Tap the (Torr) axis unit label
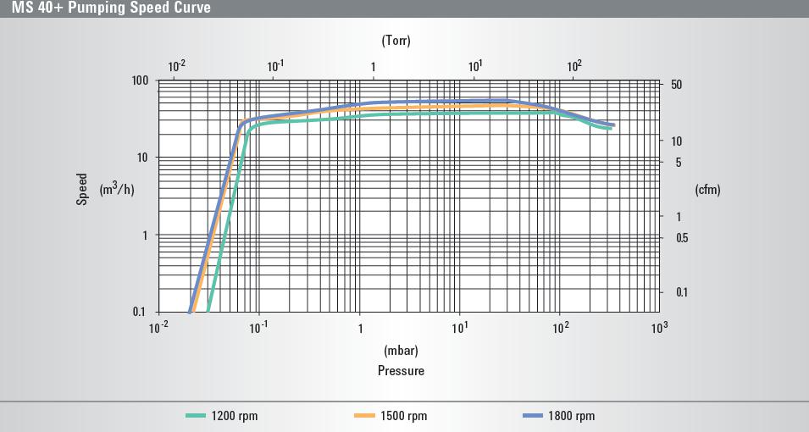396,40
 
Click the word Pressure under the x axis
401,370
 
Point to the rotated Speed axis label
82,189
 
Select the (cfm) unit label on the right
707,190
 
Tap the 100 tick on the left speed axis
139,80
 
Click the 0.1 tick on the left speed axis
140,312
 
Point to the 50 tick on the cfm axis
676,86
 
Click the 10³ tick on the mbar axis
660,328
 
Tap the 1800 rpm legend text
573,416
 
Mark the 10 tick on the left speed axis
142,158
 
